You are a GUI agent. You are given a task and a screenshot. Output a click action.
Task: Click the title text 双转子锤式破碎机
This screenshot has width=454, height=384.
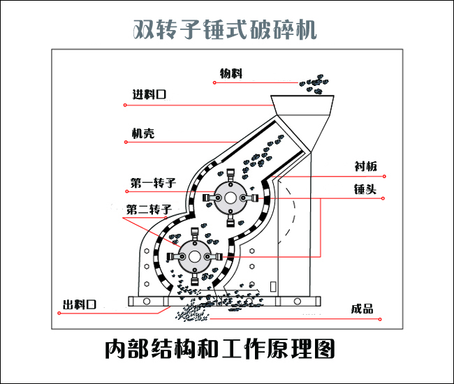point(225,30)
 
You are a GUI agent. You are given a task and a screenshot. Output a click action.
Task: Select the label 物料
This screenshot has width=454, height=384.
point(231,73)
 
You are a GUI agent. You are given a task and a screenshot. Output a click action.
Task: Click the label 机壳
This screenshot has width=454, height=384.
point(142,134)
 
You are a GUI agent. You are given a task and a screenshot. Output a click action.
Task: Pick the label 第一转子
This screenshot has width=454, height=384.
point(151,184)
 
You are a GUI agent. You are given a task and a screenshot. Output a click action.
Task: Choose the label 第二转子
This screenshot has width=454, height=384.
point(149,209)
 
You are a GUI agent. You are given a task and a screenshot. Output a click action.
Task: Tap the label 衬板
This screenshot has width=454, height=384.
point(365,166)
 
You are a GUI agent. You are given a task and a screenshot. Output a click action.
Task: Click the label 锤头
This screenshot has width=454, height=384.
point(365,189)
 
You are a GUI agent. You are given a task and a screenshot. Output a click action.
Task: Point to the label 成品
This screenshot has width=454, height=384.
point(363,309)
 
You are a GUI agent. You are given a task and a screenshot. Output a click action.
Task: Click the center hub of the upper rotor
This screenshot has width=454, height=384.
point(228,198)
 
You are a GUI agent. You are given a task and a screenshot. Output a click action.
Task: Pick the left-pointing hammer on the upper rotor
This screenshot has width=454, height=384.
point(208,199)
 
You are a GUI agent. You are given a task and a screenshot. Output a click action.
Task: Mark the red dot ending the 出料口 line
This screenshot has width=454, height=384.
point(59,313)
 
